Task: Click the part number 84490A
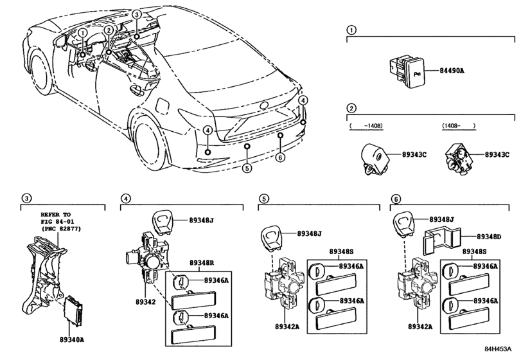452,71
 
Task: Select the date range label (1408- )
458,125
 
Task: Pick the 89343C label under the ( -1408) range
414,154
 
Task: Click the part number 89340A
72,339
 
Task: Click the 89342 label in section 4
146,302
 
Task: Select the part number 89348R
202,262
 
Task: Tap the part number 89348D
489,237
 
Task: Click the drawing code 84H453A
498,348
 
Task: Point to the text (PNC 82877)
61,229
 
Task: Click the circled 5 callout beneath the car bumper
247,168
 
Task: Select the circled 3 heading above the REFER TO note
26,199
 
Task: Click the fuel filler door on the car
162,104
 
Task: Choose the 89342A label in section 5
287,327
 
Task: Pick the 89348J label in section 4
202,220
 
